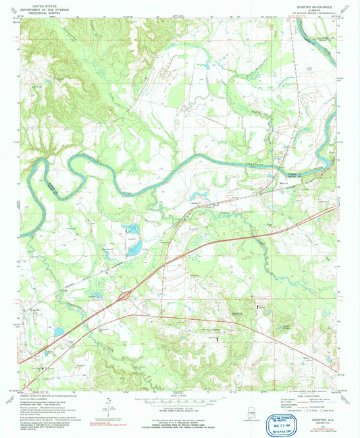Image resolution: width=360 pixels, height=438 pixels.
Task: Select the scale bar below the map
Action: coord(180,398)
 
